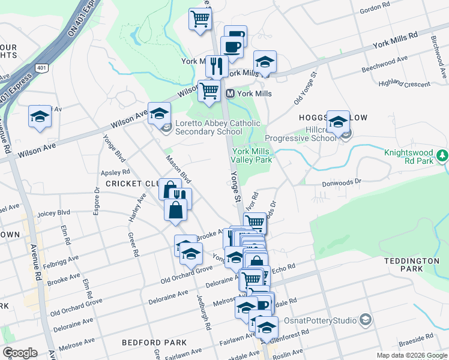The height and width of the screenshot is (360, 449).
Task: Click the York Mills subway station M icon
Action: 230,94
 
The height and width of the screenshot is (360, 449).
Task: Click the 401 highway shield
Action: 41,68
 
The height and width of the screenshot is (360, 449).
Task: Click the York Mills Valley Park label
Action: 253,156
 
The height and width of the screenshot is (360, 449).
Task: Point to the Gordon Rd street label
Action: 375,7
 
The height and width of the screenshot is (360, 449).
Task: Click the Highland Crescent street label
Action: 405,83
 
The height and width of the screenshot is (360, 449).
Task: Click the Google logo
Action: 20,353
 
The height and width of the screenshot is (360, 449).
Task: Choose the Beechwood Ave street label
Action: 385,64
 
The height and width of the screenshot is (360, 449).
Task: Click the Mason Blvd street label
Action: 178,170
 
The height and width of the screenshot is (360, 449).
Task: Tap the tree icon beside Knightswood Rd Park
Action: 443,157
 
